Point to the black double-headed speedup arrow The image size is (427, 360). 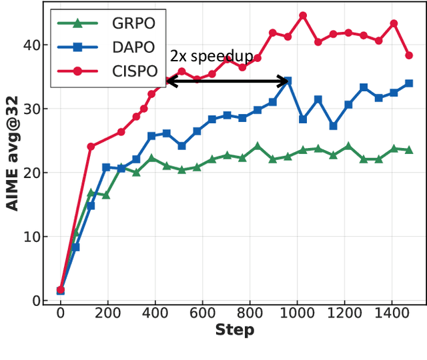[x=227, y=81]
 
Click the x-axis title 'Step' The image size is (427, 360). [x=234, y=330]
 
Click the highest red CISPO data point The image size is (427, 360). [x=303, y=15]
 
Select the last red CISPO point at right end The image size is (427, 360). [x=409, y=55]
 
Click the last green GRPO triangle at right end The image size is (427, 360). [x=409, y=150]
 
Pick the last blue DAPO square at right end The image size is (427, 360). [x=409, y=83]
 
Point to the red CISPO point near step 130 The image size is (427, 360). [x=91, y=147]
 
